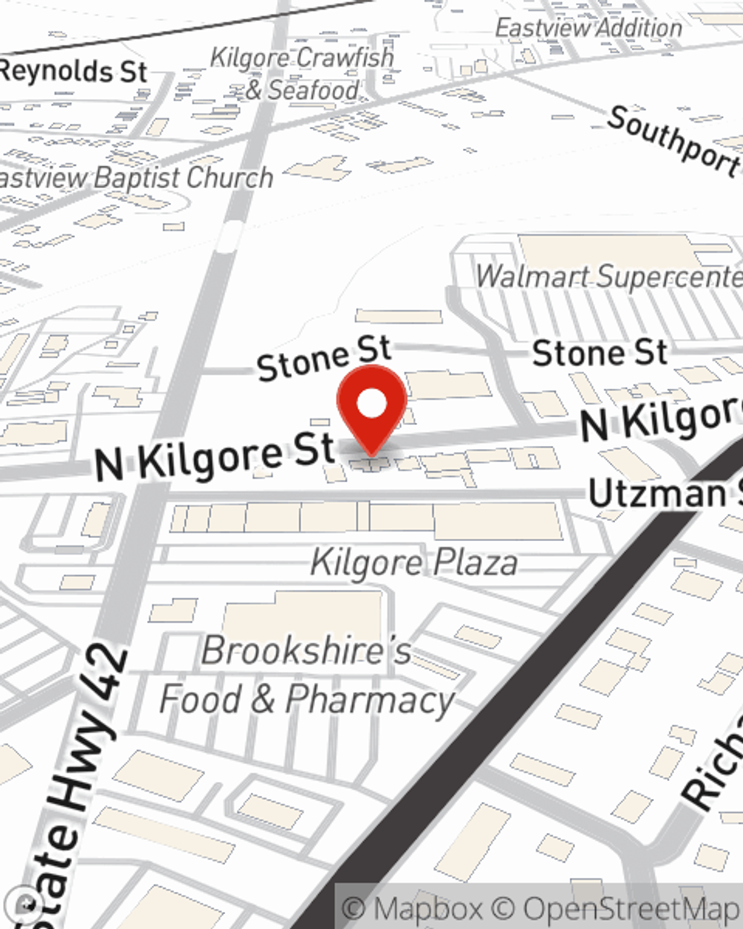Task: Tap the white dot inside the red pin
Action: tap(371, 404)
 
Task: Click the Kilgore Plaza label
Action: tap(414, 563)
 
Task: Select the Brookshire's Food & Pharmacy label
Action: tap(306, 675)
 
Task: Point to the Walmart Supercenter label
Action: tap(609, 276)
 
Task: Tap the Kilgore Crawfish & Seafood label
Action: tap(302, 74)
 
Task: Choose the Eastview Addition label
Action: tap(588, 28)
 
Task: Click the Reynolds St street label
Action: tap(74, 71)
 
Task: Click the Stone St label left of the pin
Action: tap(324, 357)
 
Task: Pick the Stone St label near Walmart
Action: tap(600, 352)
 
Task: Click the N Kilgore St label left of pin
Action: tap(215, 455)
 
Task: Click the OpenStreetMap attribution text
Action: tap(632, 909)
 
